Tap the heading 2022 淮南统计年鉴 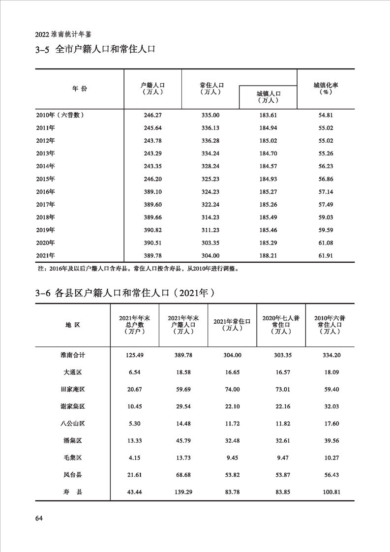coord(64,35)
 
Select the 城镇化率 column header coord(326,88)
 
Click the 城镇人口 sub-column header coord(268,96)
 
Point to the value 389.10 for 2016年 coord(152,191)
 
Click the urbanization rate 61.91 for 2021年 coord(326,255)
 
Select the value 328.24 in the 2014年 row coord(210,166)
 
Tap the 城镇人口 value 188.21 coord(268,255)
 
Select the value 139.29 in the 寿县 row coord(182,491)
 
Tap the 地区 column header coord(73,325)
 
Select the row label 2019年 coord(45,230)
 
